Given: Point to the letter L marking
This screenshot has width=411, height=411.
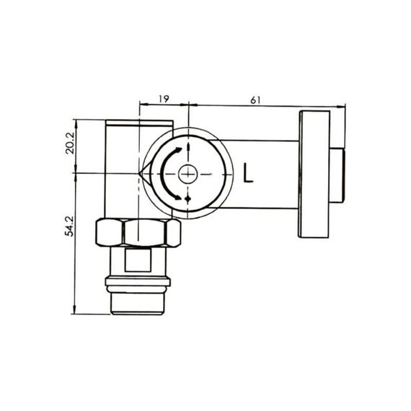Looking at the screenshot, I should point(249,174).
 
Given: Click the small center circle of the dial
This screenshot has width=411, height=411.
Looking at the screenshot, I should point(187,174).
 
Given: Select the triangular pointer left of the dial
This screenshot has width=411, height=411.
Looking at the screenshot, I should point(144,174).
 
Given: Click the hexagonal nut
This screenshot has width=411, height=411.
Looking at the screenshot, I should point(138,233).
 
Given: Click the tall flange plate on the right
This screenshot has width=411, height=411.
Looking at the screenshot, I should point(313,174).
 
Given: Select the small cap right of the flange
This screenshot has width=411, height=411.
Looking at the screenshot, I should point(337,174).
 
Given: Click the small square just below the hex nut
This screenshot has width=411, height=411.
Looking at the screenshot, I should point(138,258).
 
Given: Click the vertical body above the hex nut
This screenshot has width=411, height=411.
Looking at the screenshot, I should point(121,169).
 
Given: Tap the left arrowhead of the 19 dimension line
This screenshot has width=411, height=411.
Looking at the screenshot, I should point(142,105).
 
